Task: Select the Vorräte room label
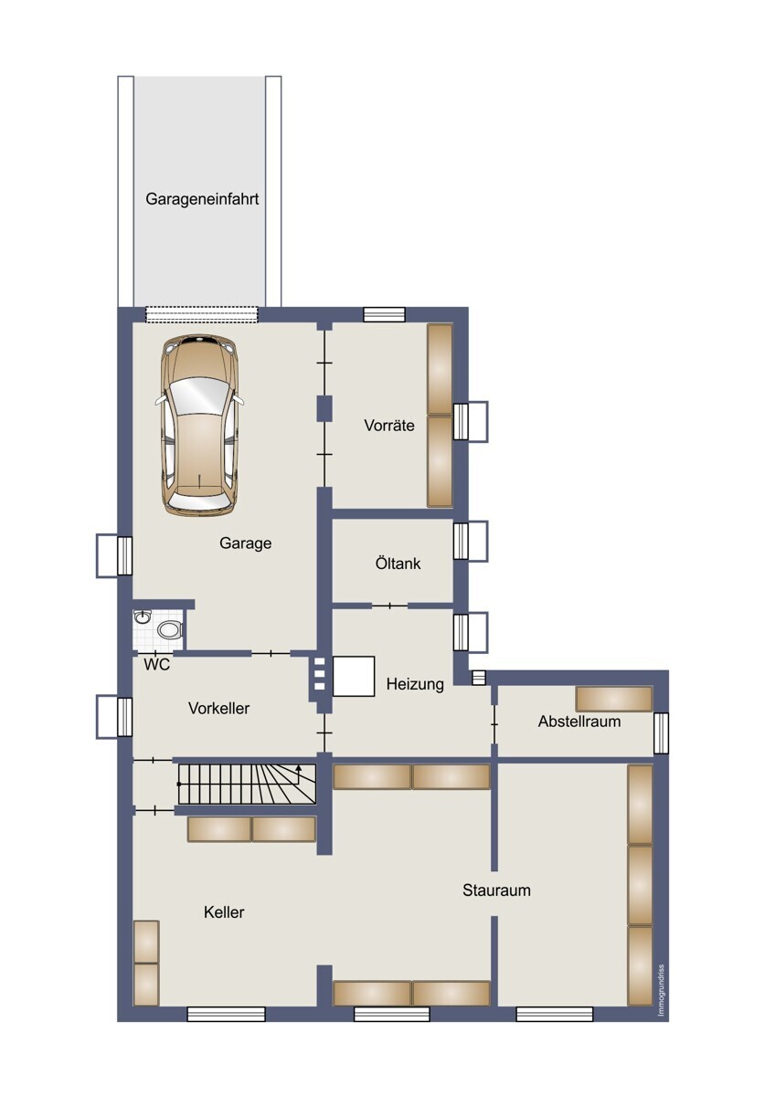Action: click(x=389, y=425)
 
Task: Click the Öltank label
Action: click(x=398, y=564)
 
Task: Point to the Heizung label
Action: click(x=415, y=684)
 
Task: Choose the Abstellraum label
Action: click(x=579, y=722)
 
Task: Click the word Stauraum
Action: click(x=496, y=890)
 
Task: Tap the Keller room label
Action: click(x=224, y=912)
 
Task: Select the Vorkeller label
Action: click(x=218, y=708)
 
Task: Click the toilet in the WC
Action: click(x=169, y=629)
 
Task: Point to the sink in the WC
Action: click(x=142, y=618)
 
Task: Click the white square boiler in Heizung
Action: click(x=354, y=676)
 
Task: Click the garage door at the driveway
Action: click(x=202, y=314)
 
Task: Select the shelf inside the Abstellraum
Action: click(x=613, y=699)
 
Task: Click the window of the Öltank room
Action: click(x=471, y=541)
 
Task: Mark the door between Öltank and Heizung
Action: click(x=389, y=605)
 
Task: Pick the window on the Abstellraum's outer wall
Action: click(x=661, y=732)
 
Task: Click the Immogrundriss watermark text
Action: click(x=662, y=989)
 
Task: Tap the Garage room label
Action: click(x=245, y=543)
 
